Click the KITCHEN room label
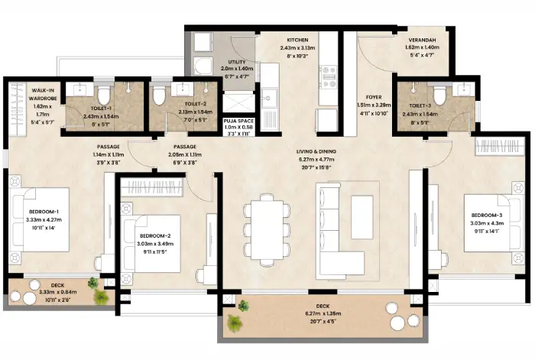297,40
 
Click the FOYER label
374,97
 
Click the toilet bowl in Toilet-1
106,93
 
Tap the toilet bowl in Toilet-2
159,95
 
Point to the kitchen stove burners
328,73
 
